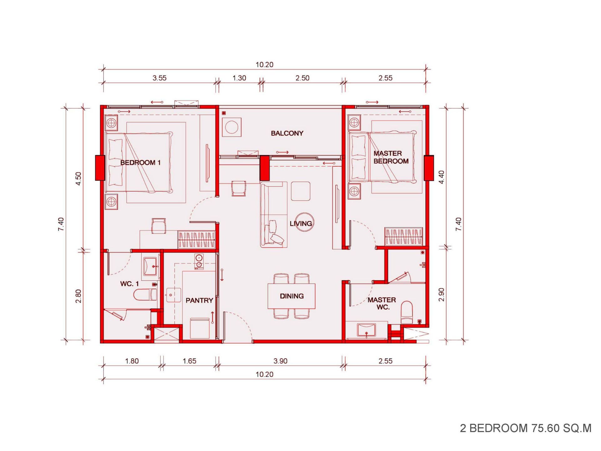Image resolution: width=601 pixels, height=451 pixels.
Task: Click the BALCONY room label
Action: (287, 133)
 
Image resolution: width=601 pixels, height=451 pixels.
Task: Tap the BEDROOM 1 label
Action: (140, 163)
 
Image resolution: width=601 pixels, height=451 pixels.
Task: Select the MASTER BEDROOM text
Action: (391, 157)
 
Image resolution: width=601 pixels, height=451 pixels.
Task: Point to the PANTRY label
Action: (199, 301)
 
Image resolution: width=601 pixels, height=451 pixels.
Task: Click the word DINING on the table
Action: (292, 296)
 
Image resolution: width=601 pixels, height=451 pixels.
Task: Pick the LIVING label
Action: (301, 224)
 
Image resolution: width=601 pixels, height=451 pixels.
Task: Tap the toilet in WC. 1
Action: (145, 295)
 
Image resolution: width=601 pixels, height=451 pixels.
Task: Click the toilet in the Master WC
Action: (407, 312)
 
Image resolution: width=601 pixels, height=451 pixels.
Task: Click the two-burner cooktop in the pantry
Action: (199, 262)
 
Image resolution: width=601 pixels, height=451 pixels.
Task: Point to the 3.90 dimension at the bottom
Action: (280, 361)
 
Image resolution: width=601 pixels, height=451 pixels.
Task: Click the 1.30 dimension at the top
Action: (239, 78)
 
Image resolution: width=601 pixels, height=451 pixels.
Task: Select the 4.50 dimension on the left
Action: (78, 179)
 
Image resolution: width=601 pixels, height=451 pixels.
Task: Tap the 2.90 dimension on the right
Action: (441, 294)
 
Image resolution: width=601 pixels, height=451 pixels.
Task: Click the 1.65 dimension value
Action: (189, 361)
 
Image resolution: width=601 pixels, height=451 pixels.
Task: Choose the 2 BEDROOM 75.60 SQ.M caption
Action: (526, 428)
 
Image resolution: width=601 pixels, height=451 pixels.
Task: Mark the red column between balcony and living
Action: (265, 168)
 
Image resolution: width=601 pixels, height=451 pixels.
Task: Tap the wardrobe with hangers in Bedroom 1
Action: (197, 240)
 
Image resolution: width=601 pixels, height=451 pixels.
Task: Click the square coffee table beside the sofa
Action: (300, 191)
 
